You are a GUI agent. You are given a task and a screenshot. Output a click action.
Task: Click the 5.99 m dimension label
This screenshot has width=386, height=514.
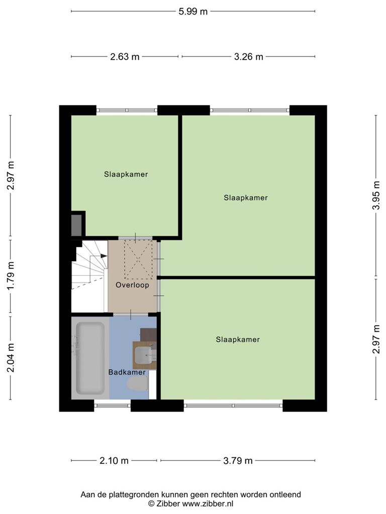193,12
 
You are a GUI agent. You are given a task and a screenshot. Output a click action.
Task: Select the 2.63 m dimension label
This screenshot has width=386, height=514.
125,57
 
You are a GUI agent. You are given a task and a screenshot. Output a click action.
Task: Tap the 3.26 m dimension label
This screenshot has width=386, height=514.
248,57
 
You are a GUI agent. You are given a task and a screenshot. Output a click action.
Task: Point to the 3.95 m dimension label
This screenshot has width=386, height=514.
376,195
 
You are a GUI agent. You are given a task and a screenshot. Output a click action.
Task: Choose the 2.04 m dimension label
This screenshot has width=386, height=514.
11,358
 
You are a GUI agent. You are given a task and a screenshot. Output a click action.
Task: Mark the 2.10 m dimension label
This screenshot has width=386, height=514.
114,461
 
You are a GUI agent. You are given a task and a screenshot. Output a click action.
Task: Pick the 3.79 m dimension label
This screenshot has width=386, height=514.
238,461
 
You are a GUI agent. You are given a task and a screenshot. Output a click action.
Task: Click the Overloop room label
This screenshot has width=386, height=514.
132,285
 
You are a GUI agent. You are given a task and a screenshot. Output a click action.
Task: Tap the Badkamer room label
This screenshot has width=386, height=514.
127,372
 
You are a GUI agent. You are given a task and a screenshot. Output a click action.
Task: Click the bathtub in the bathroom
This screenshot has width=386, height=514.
90,358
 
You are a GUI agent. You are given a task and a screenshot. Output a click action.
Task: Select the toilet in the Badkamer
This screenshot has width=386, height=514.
138,384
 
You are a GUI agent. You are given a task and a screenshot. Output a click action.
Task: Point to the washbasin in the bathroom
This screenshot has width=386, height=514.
143,355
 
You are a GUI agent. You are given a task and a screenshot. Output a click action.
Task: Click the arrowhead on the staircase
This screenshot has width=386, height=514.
104,256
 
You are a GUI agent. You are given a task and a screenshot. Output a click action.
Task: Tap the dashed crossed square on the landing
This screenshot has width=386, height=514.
138,260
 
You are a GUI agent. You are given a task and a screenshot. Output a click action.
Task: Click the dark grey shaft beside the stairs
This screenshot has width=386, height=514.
76,225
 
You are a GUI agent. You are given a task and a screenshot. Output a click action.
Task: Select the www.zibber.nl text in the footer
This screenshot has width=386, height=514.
208,503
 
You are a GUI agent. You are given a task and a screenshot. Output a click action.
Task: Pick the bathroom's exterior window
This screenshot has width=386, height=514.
112,406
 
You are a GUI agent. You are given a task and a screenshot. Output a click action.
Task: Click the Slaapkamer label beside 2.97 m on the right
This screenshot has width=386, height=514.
238,340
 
